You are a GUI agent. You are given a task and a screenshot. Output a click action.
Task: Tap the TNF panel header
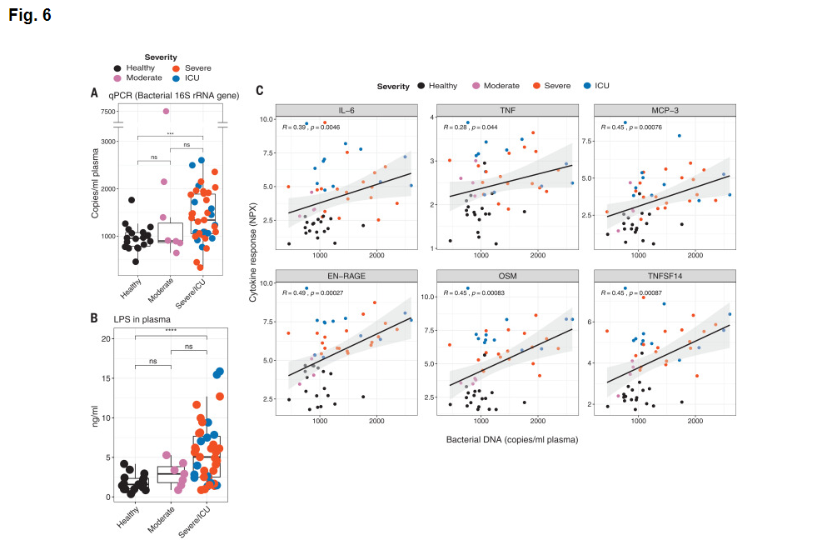(506, 110)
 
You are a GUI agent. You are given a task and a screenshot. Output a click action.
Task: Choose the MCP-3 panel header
(664, 110)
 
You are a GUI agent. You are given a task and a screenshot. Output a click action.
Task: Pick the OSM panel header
(506, 275)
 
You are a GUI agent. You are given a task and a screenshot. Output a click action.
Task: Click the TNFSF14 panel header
(664, 275)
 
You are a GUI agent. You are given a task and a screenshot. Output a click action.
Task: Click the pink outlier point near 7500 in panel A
(166, 111)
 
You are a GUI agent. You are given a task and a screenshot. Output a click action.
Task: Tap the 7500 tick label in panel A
(108, 111)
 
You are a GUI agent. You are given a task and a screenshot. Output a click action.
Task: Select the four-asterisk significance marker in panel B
(171, 331)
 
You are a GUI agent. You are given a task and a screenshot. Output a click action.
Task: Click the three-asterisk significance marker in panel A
(171, 133)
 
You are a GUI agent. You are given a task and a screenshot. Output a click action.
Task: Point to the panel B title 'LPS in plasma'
(142, 318)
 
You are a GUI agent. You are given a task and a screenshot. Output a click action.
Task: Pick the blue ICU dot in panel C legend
(587, 86)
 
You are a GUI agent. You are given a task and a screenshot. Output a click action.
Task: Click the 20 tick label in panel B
(106, 339)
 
